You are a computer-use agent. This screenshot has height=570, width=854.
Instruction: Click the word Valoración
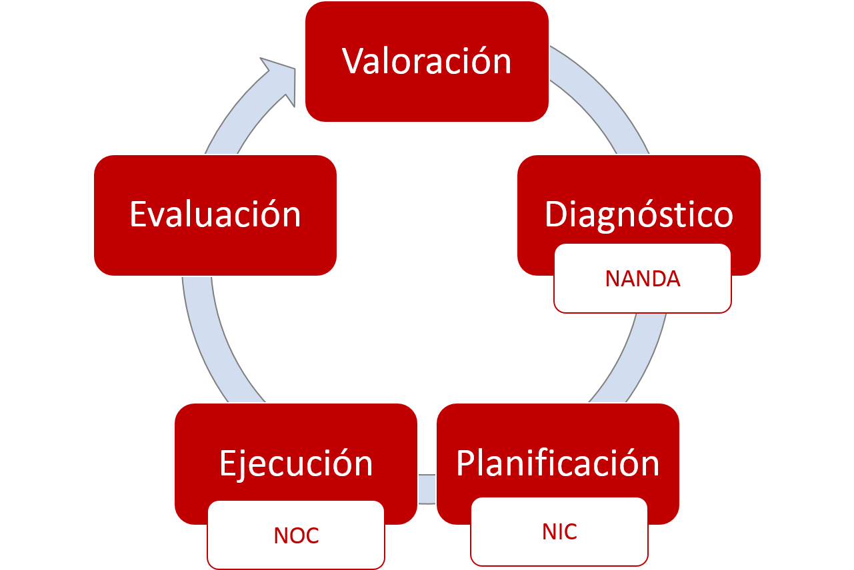coord(427,61)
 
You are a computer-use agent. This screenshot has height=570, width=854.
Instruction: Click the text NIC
coord(559,532)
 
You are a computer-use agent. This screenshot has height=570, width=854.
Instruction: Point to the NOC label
coord(296,535)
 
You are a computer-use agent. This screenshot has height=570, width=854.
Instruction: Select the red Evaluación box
coord(215,214)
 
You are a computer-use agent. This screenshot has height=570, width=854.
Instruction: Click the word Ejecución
coord(296,463)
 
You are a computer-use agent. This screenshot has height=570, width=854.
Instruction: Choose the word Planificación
coord(557,463)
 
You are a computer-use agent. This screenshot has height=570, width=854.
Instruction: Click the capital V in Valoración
coord(354,61)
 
